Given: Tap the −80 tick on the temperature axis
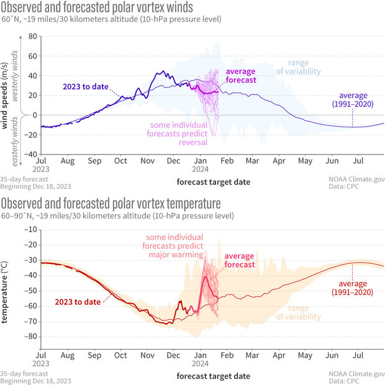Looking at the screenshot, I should pyautogui.click(x=30, y=336).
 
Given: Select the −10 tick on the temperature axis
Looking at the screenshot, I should pyautogui.click(x=30, y=229).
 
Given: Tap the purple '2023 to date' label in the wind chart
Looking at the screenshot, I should pyautogui.click(x=85, y=86).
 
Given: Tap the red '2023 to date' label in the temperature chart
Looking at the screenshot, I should pyautogui.click(x=75, y=302).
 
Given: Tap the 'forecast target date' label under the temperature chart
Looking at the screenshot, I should pyautogui.click(x=213, y=376).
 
